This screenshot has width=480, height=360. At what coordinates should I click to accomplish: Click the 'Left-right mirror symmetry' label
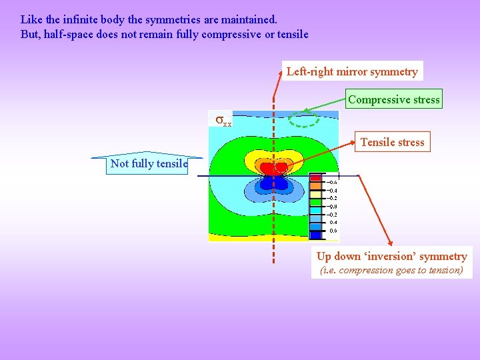352,71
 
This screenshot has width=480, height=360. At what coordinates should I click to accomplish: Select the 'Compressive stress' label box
393,100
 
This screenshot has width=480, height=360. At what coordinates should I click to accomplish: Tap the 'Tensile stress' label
392,142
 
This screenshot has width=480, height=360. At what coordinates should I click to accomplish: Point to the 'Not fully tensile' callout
149,163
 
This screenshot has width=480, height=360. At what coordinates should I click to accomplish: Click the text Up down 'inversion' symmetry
391,257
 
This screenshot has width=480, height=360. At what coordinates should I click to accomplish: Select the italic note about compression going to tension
391,271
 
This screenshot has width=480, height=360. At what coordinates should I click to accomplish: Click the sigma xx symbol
223,121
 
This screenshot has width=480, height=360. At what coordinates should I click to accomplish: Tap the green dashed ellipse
306,119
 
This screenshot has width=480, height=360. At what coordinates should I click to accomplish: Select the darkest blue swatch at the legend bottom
315,235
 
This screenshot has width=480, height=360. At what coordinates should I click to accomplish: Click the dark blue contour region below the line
273,183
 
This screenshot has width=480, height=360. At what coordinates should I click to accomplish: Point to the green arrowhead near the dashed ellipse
304,111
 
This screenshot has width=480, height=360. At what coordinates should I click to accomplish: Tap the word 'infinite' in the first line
76,20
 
